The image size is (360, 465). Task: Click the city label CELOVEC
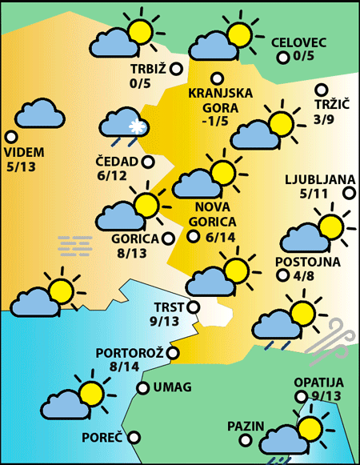[x=298, y=43]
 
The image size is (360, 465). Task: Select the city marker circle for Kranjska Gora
[x=216, y=78]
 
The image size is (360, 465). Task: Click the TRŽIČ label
[x=332, y=105]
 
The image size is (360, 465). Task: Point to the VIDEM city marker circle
[x=11, y=137]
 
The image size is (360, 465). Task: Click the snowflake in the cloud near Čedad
[x=136, y=127]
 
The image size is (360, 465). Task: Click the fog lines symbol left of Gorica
[x=76, y=244]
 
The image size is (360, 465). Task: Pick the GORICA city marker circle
[x=168, y=238]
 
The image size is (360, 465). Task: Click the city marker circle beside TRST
[x=192, y=307]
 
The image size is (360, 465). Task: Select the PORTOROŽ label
[x=130, y=353]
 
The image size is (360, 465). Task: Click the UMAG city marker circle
[x=142, y=388]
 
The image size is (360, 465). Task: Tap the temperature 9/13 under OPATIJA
[x=318, y=395]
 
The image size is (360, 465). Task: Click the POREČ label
[x=102, y=438]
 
